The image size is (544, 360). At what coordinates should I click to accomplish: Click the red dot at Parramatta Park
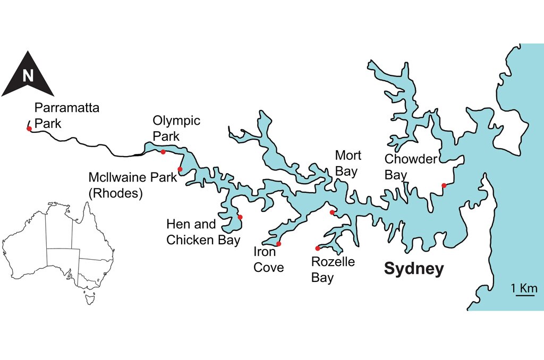coord(29,128)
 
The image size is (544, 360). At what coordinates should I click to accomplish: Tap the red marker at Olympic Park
coord(163,152)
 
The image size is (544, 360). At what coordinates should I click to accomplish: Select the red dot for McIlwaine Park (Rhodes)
coord(180,169)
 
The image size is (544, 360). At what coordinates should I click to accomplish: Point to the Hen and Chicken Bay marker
coord(240,217)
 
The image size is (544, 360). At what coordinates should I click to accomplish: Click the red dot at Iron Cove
coord(278,244)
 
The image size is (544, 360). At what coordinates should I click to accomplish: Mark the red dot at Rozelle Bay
coord(318,248)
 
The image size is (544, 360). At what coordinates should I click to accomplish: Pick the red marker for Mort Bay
coord(332,212)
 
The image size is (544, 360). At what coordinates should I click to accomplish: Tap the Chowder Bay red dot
coord(444,185)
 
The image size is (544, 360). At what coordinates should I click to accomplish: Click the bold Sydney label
coord(413,269)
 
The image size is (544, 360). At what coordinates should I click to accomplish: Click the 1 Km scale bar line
coord(525,296)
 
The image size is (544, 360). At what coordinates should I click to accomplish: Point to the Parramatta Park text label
coord(66,116)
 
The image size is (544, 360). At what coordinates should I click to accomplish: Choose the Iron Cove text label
coord(268,259)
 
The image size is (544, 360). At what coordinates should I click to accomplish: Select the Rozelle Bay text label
coord(333,269)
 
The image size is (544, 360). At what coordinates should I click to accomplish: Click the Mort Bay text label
coord(348,164)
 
